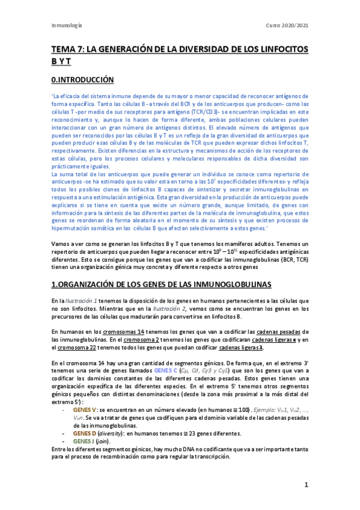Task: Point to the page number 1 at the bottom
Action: [x=306, y=484]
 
